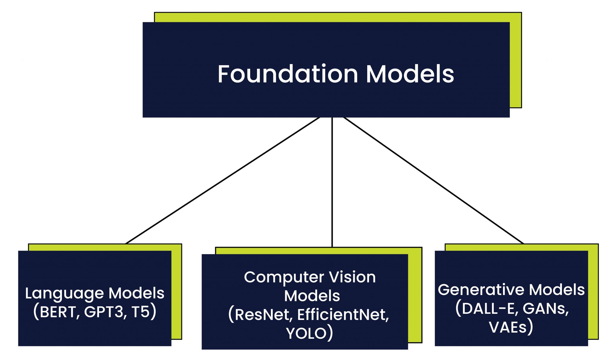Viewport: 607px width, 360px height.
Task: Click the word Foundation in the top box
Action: click(288, 74)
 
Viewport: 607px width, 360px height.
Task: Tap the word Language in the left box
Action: click(64, 293)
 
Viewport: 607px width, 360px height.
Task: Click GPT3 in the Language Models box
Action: click(103, 312)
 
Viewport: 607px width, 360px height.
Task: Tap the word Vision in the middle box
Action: click(352, 277)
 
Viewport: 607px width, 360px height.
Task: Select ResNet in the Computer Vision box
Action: click(262, 315)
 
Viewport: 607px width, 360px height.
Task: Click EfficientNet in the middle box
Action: click(343, 315)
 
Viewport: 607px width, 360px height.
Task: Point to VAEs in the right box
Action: click(507, 327)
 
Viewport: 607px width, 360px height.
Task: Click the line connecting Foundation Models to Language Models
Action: click(222, 181)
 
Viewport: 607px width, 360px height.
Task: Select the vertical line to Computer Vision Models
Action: click(332, 182)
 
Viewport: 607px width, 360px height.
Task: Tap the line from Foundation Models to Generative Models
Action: click(433, 181)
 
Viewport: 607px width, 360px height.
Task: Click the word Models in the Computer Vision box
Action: click(312, 296)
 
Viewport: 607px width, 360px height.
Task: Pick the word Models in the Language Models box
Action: click(136, 293)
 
